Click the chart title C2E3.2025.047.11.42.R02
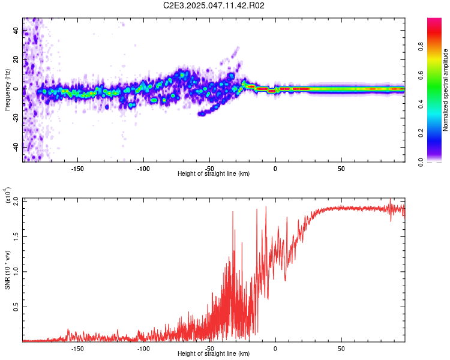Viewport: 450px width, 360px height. point(214,6)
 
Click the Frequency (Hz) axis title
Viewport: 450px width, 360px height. point(7,90)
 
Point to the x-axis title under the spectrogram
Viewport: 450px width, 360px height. point(214,173)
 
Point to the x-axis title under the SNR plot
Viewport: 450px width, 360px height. point(214,353)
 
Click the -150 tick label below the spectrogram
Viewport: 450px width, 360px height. point(77,169)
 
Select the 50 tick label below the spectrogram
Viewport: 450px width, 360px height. point(341,169)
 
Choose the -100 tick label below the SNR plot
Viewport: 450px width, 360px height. point(143,348)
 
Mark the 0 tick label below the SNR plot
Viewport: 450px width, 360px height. point(275,348)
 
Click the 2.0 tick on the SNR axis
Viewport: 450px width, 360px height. point(16,201)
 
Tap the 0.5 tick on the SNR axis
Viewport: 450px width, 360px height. point(16,307)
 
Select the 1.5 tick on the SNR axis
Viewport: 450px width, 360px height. point(16,236)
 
